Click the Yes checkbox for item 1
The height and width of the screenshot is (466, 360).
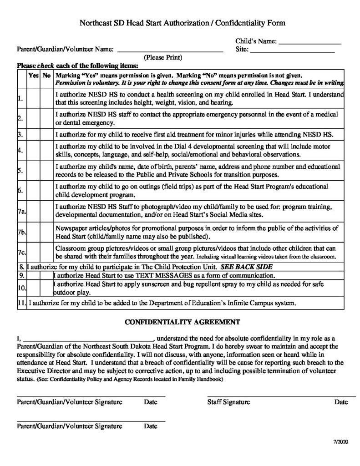(34, 98)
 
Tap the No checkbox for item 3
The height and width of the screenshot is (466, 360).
(46, 135)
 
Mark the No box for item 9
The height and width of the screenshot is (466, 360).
(46, 276)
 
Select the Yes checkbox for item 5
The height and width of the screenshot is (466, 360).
(34, 171)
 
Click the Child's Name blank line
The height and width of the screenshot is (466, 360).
(309, 42)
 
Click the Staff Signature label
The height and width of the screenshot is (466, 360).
(228, 402)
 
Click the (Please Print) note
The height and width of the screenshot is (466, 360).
(163, 57)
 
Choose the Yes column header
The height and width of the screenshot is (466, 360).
(34, 76)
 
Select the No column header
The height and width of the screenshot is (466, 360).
(46, 76)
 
